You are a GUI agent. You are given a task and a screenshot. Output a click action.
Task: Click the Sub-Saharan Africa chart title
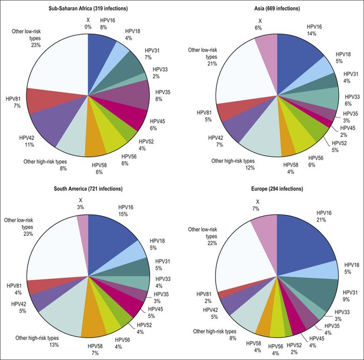(88, 8)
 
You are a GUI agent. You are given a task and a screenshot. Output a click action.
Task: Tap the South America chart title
(88, 188)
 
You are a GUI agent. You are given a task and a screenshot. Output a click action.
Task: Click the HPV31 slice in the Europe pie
(314, 291)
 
